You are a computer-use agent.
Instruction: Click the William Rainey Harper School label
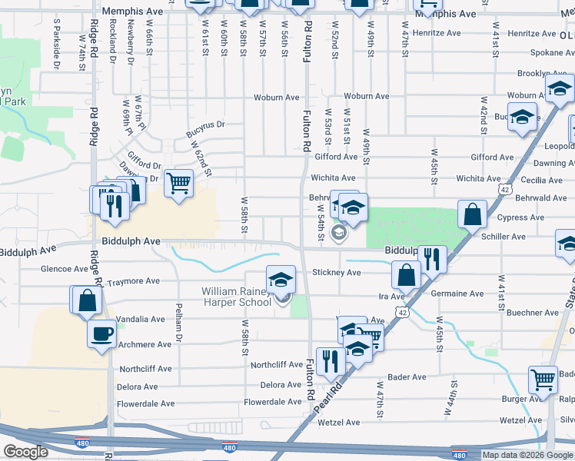click(236, 297)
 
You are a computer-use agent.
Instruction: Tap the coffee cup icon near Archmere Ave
click(101, 334)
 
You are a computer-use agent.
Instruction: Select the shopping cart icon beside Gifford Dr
click(178, 184)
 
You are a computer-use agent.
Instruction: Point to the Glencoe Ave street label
click(65, 269)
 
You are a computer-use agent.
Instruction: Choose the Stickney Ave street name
click(337, 273)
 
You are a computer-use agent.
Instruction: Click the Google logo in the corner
click(25, 453)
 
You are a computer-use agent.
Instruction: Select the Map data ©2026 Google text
click(527, 455)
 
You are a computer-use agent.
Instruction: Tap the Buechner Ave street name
click(532, 313)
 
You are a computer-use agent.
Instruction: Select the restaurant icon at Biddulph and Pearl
click(433, 259)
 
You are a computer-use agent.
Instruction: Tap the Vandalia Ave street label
click(141, 319)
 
